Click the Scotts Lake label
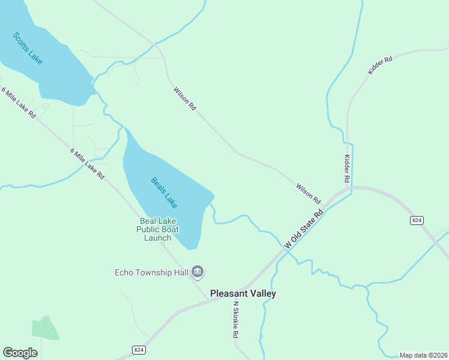28,48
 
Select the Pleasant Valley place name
243,293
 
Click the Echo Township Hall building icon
198,273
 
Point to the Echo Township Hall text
151,273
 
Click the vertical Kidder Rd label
346,168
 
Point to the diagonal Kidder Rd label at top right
380,65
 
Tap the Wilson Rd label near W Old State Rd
308,193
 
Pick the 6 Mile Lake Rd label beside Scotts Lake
19,103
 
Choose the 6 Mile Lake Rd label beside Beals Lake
88,164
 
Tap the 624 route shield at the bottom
139,350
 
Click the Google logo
20,352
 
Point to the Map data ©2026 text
423,355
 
